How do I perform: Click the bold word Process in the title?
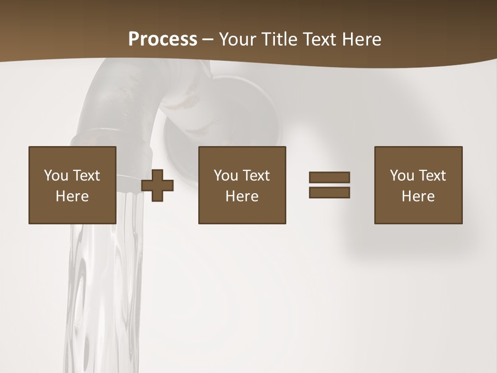163,39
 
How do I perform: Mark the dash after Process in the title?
208,40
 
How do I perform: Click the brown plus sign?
157,185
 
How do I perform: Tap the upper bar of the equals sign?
329,177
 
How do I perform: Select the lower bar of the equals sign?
329,192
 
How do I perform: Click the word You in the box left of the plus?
56,176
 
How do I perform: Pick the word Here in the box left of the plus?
72,196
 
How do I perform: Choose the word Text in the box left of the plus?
86,176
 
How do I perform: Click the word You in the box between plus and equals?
226,176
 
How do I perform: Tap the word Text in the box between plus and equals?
256,176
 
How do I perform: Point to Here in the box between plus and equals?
242,196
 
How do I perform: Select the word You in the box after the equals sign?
402,176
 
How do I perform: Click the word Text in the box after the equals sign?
432,176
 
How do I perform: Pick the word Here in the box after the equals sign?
418,196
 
